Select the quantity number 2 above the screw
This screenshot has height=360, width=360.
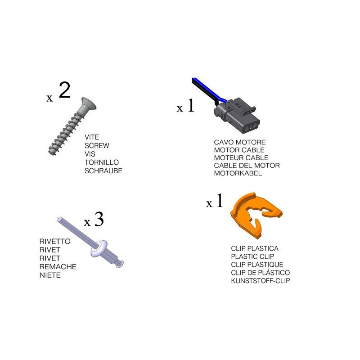pos(64,90)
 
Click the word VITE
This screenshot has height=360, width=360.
pos(92,137)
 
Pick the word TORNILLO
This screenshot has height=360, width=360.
pos(102,162)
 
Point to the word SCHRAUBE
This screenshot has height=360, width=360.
pos(103,171)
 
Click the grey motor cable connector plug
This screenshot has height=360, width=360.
pos(237,115)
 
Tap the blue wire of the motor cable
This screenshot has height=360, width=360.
pos(208,90)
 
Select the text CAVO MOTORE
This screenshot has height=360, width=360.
pos(240,142)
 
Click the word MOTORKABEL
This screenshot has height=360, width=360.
pos(238,173)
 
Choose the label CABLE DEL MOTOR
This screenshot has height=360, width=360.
pos(247,165)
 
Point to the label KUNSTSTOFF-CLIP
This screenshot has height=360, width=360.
pos(261,280)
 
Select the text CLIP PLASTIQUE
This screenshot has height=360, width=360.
pos(257,265)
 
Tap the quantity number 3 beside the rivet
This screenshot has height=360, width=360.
pos(99,219)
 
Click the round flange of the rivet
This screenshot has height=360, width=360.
pos(99,248)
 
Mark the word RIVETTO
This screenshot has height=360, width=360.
pos(55,241)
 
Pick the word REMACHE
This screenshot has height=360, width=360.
pos(58,266)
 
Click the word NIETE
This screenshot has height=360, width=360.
pos(50,275)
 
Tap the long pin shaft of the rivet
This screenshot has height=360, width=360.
pos(77,231)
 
